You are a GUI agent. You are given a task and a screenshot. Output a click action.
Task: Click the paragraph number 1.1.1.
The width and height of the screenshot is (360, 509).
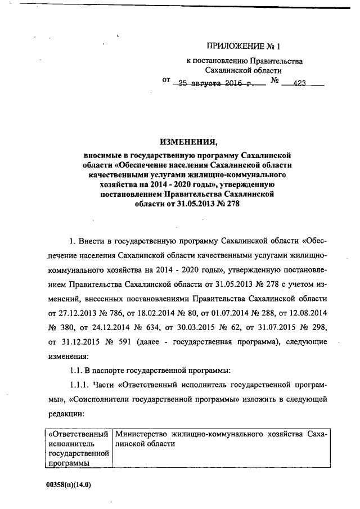click(79, 384)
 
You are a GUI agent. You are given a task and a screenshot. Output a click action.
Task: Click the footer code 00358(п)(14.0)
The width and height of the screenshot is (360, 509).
click(70, 484)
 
